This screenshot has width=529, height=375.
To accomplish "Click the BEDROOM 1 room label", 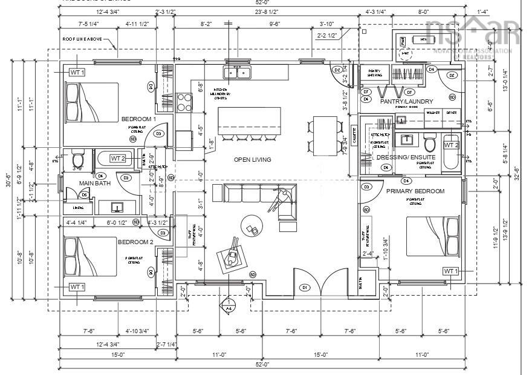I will click(x=138, y=119).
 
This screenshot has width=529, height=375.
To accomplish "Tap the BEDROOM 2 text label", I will click(x=135, y=242).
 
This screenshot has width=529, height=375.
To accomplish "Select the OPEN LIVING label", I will click(x=252, y=160).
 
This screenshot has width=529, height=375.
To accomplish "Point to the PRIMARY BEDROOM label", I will click(x=415, y=191).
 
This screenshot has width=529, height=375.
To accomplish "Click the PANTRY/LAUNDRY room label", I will click(x=406, y=101).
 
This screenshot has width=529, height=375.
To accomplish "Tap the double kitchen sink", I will click(x=239, y=73).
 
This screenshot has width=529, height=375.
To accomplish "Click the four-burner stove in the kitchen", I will click(x=184, y=102).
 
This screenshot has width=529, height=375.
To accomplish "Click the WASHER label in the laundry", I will click(x=433, y=113).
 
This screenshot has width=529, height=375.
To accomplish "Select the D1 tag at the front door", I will click(x=305, y=287).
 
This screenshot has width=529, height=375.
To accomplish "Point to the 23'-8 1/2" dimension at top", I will click(x=266, y=12).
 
